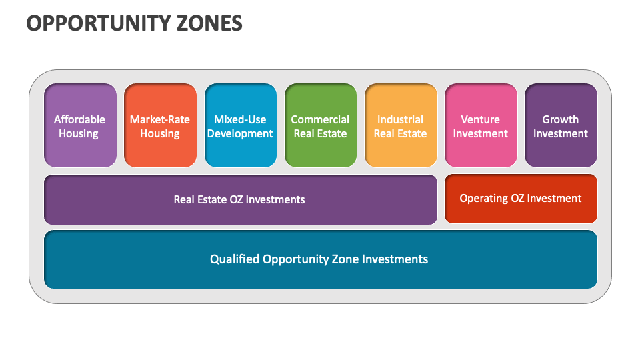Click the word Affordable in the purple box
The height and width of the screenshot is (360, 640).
coord(79,119)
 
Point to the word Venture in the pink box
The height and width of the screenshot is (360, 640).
coord(480,119)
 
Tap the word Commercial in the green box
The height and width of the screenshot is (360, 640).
coord(320,119)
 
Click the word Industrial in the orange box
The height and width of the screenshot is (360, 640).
coord(400,119)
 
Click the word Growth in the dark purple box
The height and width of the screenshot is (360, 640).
coord(560,119)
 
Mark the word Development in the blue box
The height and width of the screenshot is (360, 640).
coord(240,134)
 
